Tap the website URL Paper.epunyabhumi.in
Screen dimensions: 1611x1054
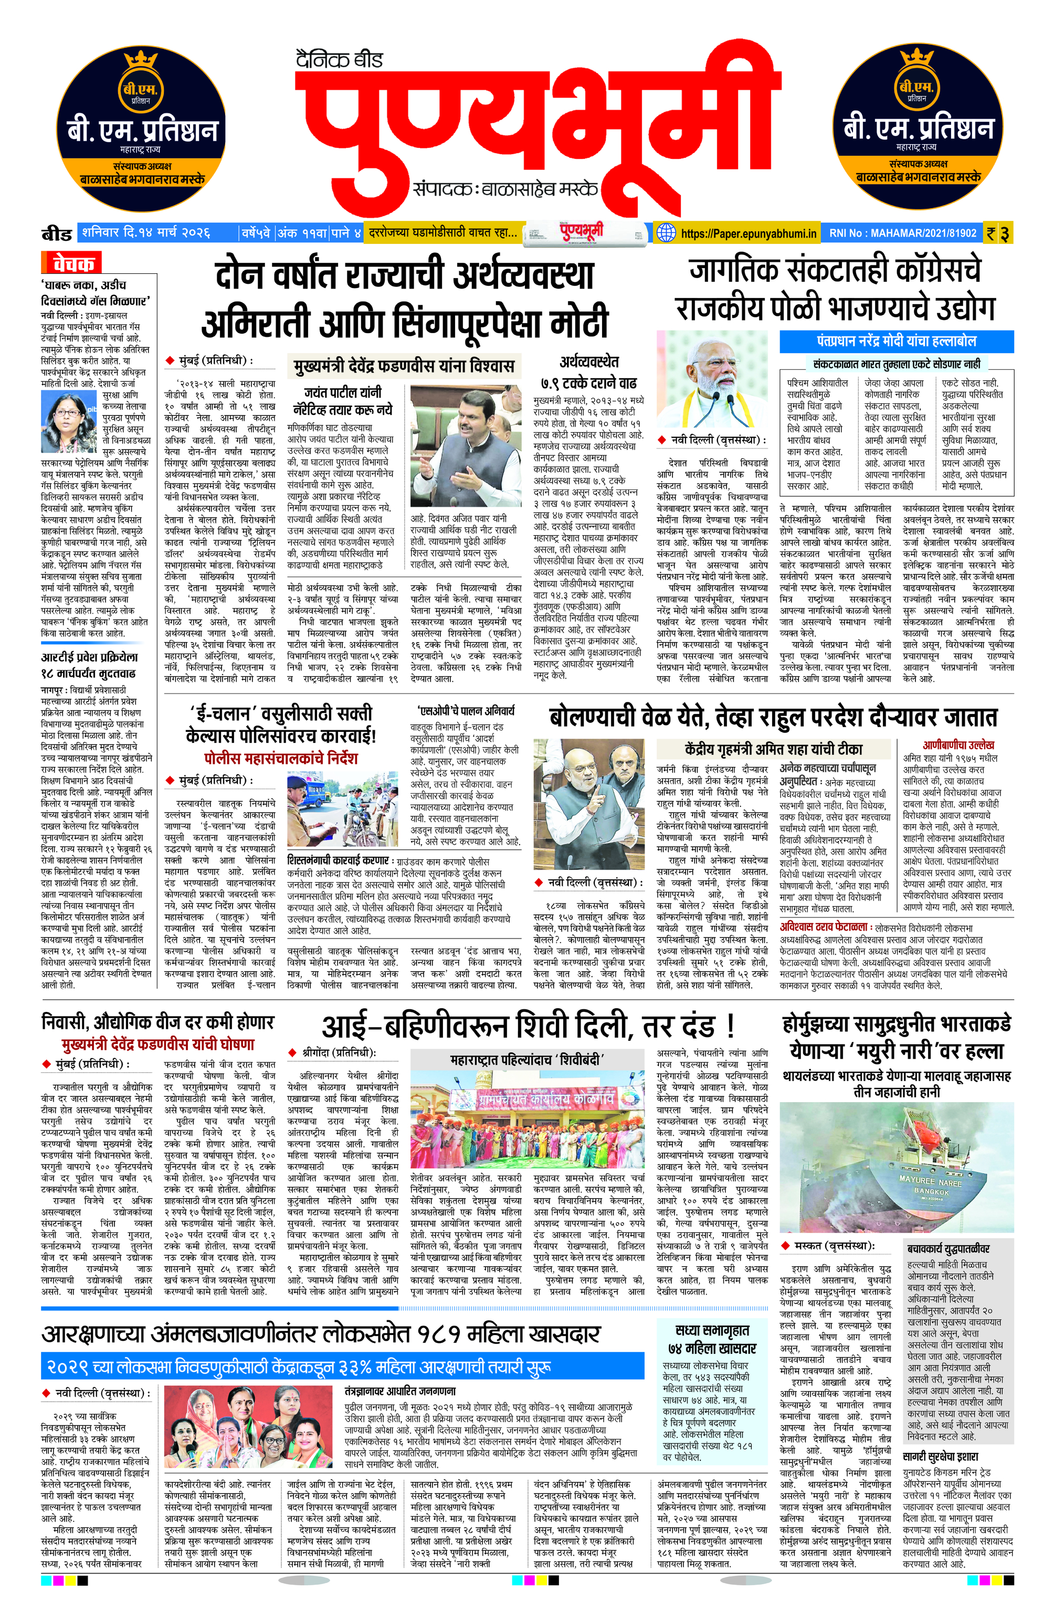pos(748,233)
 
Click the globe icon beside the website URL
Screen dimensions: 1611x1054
pos(666,233)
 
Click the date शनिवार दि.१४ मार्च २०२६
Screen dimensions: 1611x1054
pos(145,233)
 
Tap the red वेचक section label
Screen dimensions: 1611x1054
pos(73,263)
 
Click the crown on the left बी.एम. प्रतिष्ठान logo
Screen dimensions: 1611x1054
pos(141,60)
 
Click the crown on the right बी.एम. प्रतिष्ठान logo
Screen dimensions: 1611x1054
pos(916,60)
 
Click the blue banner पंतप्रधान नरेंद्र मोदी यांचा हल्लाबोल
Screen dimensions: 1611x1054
pos(896,341)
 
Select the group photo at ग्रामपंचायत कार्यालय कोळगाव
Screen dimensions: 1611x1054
pos(527,1121)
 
